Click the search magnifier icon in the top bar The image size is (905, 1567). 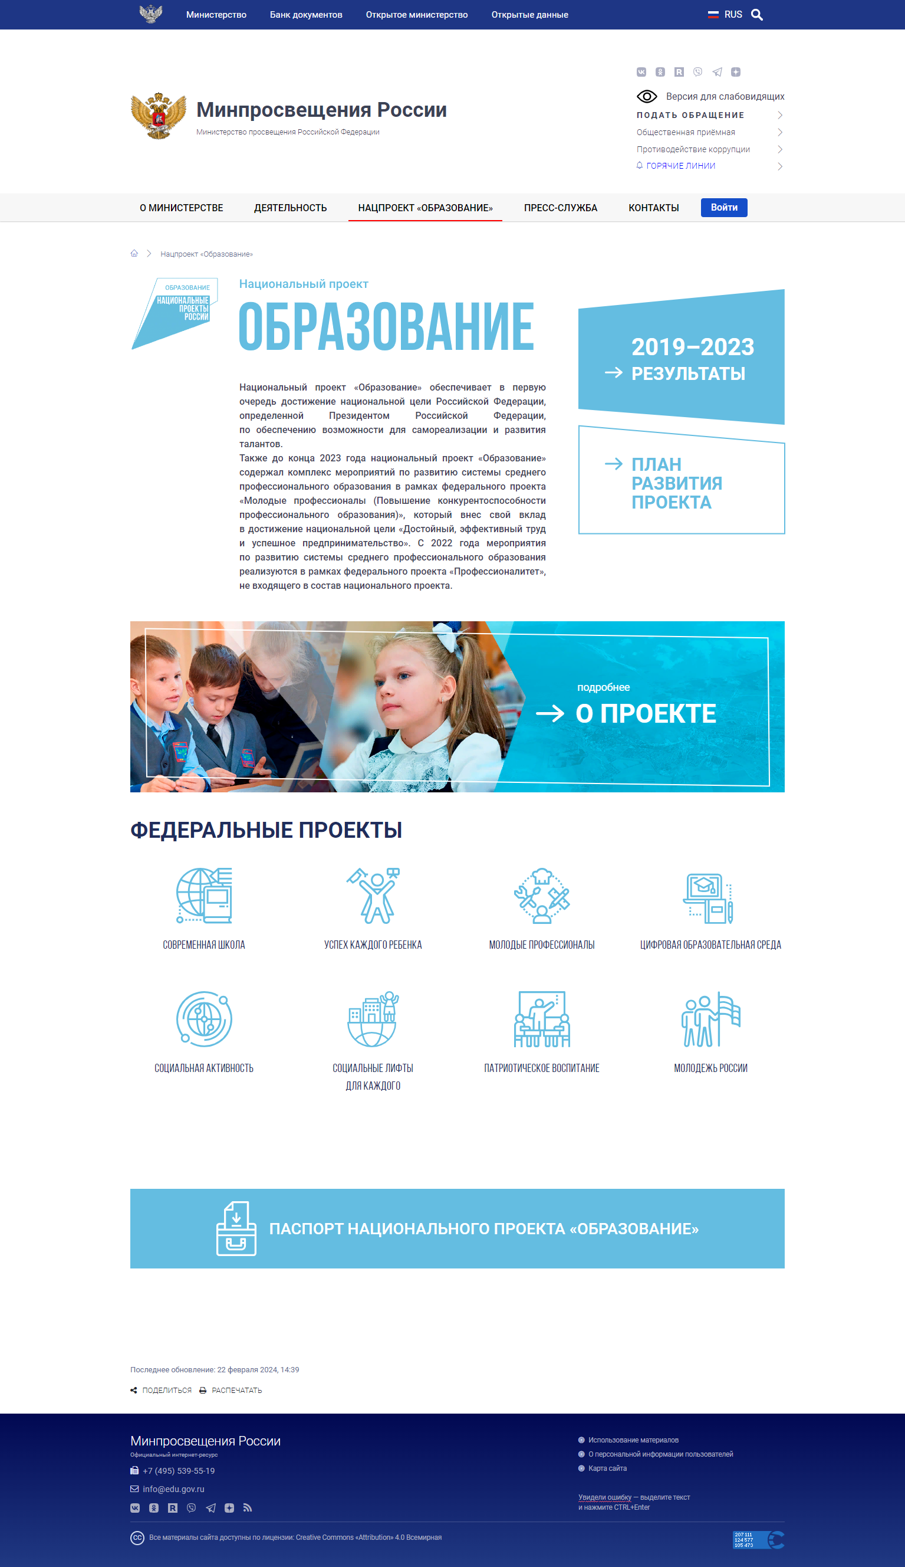(756, 15)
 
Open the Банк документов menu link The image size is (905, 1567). (306, 15)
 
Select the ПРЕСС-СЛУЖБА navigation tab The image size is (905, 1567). (560, 208)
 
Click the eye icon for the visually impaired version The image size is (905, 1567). (646, 96)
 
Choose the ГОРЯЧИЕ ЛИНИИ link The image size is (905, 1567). (680, 166)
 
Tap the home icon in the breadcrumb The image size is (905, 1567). (134, 253)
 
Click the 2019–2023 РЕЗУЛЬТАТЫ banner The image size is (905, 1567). (681, 359)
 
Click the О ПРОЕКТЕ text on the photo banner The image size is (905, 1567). (645, 713)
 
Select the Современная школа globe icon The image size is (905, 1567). (204, 896)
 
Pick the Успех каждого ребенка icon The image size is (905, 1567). (373, 896)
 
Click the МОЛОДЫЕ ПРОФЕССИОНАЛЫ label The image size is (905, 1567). (541, 945)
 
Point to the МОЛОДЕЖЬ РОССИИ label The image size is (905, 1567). (710, 1068)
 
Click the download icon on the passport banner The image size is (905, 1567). (236, 1228)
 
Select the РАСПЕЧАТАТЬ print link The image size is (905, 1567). (236, 1391)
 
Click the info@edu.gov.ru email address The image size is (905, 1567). (173, 1489)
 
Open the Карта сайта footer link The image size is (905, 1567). (607, 1468)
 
